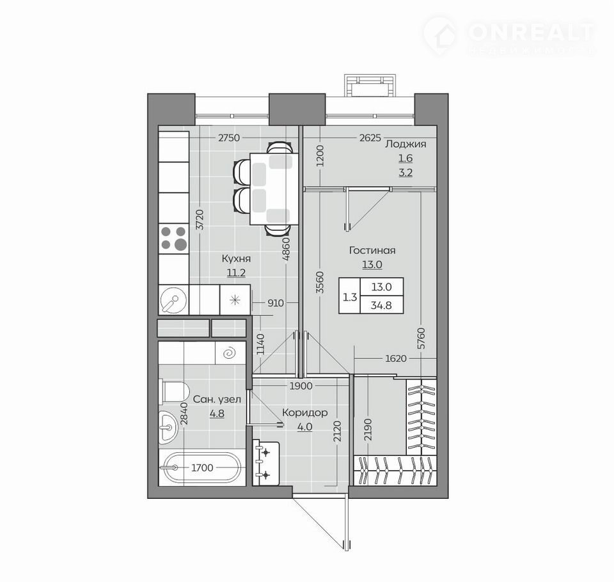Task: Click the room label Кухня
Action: click(236, 258)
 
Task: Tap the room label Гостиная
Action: click(372, 250)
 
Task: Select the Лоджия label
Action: click(405, 144)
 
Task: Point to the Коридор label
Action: click(304, 413)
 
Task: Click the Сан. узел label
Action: click(217, 399)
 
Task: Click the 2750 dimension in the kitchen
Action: click(229, 138)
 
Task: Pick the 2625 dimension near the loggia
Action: click(370, 138)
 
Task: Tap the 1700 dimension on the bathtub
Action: click(203, 468)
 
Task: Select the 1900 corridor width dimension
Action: click(301, 386)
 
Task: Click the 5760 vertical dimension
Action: click(421, 338)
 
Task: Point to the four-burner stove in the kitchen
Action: click(174, 238)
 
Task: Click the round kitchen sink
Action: click(173, 299)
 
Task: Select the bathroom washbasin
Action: click(168, 427)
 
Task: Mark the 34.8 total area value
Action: click(381, 305)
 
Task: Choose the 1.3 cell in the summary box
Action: click(350, 297)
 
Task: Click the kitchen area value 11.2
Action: click(236, 272)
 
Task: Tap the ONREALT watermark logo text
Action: click(531, 32)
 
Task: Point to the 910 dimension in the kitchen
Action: click(276, 303)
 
